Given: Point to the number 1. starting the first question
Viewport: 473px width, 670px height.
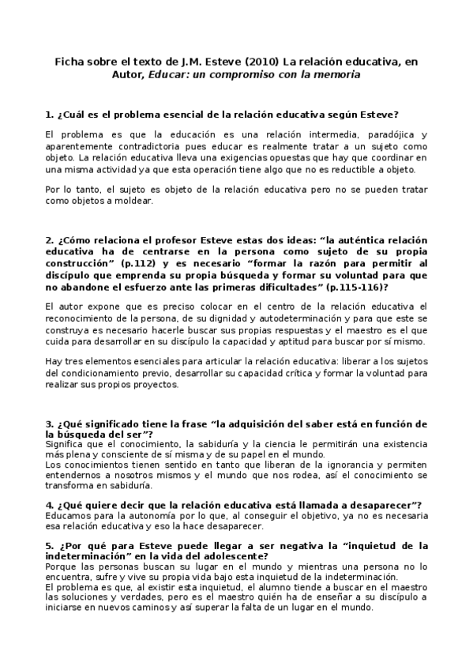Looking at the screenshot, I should click(x=49, y=115).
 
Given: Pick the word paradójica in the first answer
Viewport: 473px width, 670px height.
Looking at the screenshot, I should click(x=384, y=135).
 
